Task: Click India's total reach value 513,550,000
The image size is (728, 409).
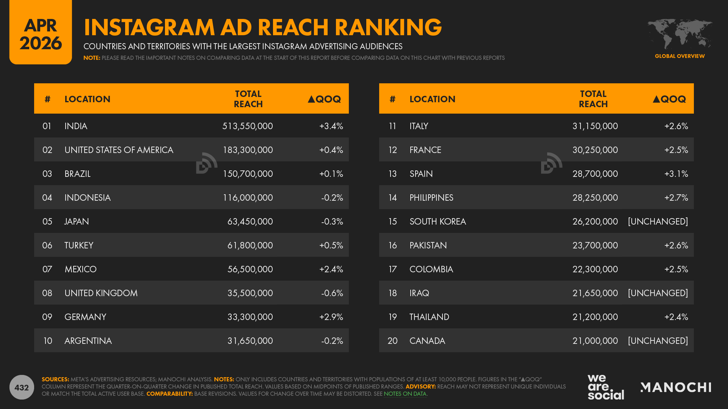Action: click(x=247, y=126)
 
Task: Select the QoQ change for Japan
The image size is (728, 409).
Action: click(x=332, y=222)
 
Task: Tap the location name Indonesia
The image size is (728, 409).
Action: click(x=87, y=198)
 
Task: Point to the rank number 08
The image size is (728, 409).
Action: click(x=47, y=293)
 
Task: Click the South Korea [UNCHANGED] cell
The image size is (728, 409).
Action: click(x=657, y=222)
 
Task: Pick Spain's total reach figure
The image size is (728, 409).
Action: click(x=595, y=174)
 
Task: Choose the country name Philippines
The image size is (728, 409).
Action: click(x=431, y=198)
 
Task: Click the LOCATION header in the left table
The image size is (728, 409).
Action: click(x=87, y=99)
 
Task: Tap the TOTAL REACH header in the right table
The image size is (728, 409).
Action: click(x=593, y=99)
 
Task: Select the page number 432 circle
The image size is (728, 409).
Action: click(x=22, y=387)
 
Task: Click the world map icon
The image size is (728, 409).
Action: click(x=679, y=34)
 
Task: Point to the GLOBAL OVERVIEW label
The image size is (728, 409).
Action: click(x=679, y=56)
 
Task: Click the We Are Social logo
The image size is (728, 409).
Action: click(x=605, y=387)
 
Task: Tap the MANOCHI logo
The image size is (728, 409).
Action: click(x=676, y=387)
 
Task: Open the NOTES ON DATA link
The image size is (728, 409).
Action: click(x=405, y=394)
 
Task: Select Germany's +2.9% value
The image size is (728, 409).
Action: click(x=331, y=317)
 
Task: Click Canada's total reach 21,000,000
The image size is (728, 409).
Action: click(x=595, y=341)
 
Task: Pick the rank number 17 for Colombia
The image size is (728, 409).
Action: click(x=392, y=269)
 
